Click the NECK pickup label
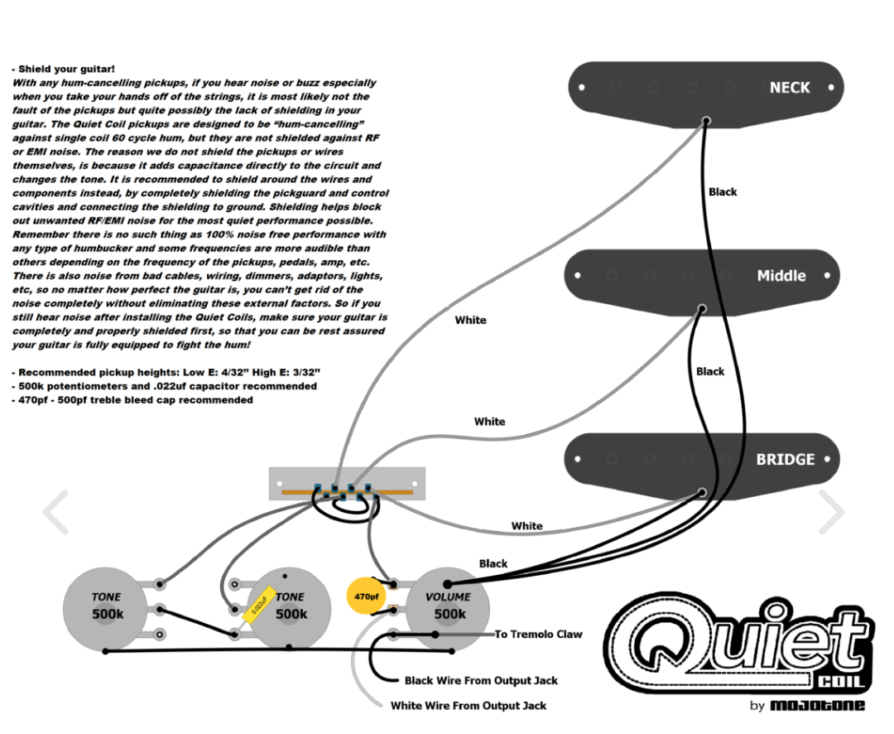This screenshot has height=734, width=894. pyautogui.click(x=789, y=88)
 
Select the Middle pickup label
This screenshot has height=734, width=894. pyautogui.click(x=781, y=276)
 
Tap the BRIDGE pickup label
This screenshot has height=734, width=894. pyautogui.click(x=785, y=459)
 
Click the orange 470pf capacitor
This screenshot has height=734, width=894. pyautogui.click(x=366, y=596)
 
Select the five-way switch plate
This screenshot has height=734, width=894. pyautogui.click(x=347, y=483)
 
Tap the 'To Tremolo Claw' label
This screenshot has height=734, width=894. pyautogui.click(x=538, y=635)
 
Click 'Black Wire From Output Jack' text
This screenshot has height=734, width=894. pyautogui.click(x=481, y=681)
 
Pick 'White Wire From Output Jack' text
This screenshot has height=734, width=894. pyautogui.click(x=469, y=706)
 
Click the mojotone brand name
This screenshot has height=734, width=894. pyautogui.click(x=818, y=706)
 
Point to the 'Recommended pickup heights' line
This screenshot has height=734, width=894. pyautogui.click(x=166, y=373)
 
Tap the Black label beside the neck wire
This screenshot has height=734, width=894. pyautogui.click(x=722, y=192)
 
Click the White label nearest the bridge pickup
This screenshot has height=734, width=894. pyautogui.click(x=526, y=526)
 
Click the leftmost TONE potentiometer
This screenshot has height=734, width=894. pyautogui.click(x=106, y=609)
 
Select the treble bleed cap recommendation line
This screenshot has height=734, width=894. pyautogui.click(x=132, y=400)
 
